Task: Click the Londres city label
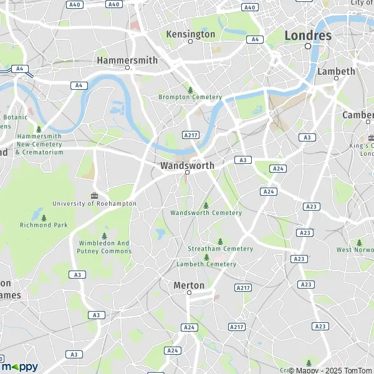coord(308,36)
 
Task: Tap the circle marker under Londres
coord(307,46)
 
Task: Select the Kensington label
coord(191,34)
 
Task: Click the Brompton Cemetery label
coord(190,97)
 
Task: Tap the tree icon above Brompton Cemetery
coord(191,90)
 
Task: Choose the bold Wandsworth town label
coord(187,166)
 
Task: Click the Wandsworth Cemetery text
coord(206,213)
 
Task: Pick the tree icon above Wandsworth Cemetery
coord(206,205)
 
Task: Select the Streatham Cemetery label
coord(221,249)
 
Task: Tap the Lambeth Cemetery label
coord(206,264)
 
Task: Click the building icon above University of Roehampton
coord(95,195)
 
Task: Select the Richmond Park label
coord(43,225)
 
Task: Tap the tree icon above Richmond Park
coord(44,218)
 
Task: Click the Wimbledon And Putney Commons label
coord(105,247)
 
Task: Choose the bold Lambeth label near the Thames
coord(336,71)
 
